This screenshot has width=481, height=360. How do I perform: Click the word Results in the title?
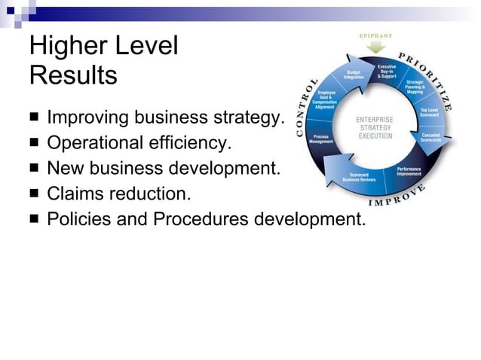73,75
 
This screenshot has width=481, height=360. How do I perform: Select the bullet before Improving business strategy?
35,117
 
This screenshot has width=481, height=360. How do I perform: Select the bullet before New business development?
35,168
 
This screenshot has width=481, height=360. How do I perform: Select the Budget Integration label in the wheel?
354,75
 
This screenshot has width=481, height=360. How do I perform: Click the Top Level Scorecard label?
429,111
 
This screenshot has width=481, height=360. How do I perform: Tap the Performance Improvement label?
408,172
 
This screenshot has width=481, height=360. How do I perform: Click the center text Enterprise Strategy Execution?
375,127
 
